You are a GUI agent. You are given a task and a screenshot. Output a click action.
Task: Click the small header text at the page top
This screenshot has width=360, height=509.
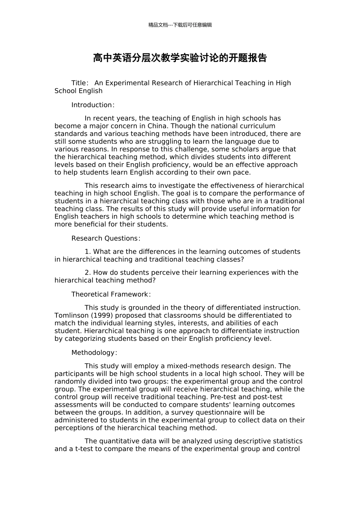pos(180,25)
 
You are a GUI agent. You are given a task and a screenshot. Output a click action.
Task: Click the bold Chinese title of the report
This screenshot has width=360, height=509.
pos(180,58)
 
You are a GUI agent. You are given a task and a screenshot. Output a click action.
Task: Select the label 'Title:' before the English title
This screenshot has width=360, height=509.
pos(80,83)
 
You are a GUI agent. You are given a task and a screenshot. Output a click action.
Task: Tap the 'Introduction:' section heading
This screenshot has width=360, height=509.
pos(93,105)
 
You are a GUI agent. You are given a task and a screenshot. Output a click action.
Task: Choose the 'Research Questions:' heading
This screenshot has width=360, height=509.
pos(106,238)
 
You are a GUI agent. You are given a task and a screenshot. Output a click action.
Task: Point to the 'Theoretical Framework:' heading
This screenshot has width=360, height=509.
pos(111,294)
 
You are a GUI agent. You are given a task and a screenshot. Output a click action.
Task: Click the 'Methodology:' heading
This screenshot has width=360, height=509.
pos(94,353)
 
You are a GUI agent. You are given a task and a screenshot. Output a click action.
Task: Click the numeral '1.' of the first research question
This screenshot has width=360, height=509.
pos(88,252)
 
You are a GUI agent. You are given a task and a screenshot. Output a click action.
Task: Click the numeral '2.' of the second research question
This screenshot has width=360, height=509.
pos(88,273)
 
